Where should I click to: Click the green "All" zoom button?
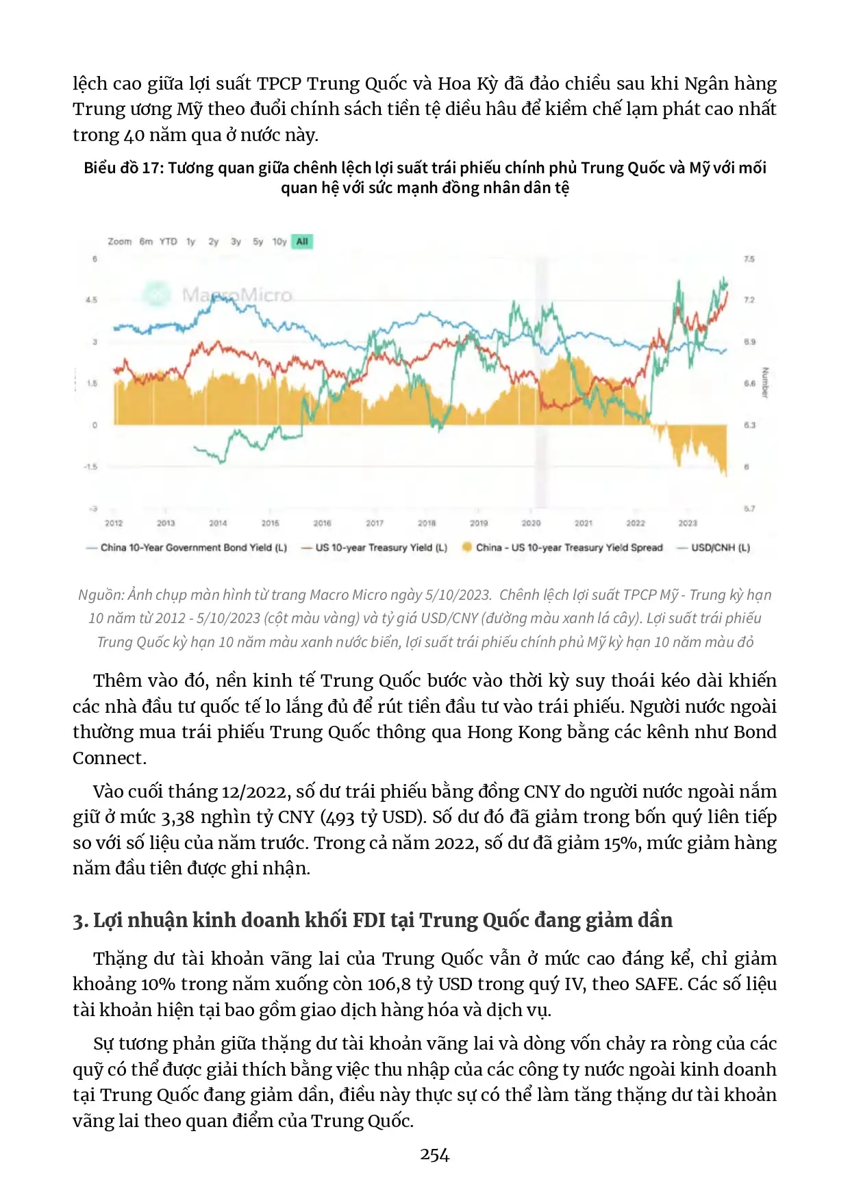pyautogui.click(x=302, y=242)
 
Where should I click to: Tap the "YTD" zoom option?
pyautogui.click(x=168, y=242)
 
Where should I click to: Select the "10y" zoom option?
pyautogui.click(x=279, y=242)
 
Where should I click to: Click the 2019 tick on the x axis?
pyautogui.click(x=479, y=523)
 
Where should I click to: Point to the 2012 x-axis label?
pyautogui.click(x=114, y=523)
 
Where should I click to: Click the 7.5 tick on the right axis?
pyautogui.click(x=749, y=259)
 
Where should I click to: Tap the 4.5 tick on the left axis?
pyautogui.click(x=91, y=300)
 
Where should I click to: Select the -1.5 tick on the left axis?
pyautogui.click(x=90, y=467)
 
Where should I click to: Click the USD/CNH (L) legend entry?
pyautogui.click(x=720, y=548)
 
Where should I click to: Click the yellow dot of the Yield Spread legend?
pyautogui.click(x=467, y=547)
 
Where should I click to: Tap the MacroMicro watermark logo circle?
pyautogui.click(x=157, y=294)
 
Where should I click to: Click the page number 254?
pyautogui.click(x=434, y=1155)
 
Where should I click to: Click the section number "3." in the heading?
pyautogui.click(x=80, y=921)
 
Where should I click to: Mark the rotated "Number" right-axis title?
pyautogui.click(x=765, y=383)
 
